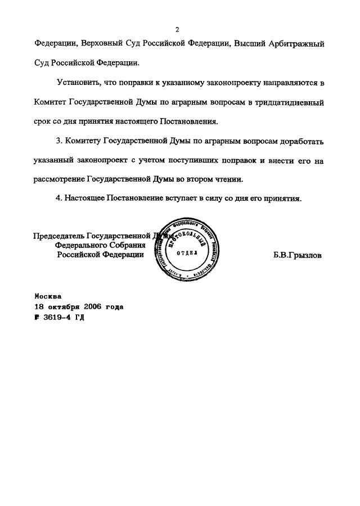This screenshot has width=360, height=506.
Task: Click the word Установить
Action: (78, 83)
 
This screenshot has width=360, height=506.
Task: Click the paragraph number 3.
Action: (59, 141)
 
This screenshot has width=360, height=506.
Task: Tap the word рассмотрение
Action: (60, 179)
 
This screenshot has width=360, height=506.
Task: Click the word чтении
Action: (231, 179)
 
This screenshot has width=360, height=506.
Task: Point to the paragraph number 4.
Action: (59, 198)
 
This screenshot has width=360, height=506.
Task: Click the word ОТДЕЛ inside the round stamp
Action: (187, 253)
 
